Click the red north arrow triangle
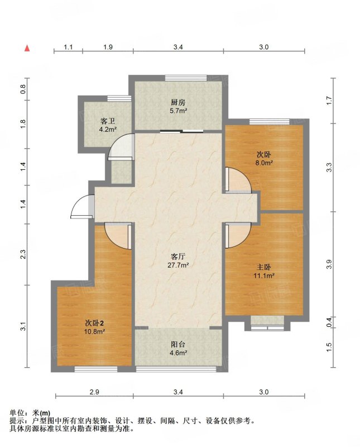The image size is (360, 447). point(27,48)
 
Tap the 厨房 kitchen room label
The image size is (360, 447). point(178,102)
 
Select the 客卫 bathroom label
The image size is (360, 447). point(108,121)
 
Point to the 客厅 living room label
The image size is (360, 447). point(178,256)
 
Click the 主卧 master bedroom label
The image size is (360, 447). point(264,267)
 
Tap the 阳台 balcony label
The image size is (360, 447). point(178,344)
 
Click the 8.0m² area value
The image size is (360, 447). point(264,163)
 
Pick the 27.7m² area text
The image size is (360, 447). point(178,265)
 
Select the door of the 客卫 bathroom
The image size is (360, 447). point(121,146)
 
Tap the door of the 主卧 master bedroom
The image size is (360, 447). point(238,235)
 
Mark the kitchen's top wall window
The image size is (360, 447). point(186,78)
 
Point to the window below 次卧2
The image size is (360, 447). point(96,369)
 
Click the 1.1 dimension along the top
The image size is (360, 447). point(68,47)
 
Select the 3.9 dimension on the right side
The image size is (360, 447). point(329,264)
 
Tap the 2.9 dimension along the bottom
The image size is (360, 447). point(94,392)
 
